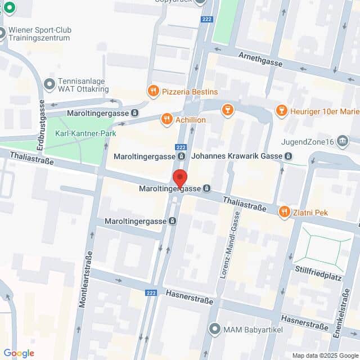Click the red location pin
[179, 178]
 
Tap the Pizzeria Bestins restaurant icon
[152, 91]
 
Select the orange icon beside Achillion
[166, 119]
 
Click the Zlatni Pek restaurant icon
[285, 212]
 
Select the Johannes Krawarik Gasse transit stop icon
[288, 156]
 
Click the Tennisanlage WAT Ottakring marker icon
[49, 84]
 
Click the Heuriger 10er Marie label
[325, 110]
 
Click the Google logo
[19, 353]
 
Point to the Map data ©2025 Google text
[325, 355]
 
